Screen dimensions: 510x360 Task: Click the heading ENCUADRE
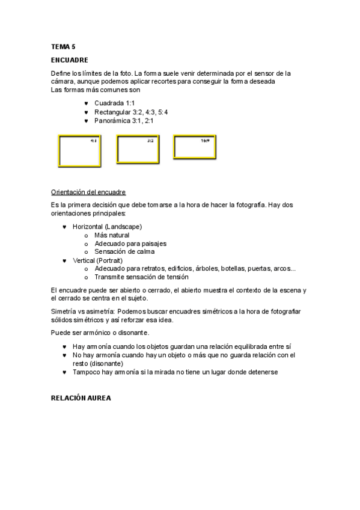tap(69, 60)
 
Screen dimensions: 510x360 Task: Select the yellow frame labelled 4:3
tap(79, 150)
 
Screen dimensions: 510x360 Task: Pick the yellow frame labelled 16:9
tap(194, 146)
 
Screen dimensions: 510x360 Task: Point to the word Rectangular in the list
tap(112, 112)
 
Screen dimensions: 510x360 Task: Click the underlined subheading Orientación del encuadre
tap(88, 192)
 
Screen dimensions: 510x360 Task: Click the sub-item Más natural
tap(112, 235)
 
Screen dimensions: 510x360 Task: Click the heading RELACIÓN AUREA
tap(81, 398)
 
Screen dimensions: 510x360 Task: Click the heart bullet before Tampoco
tap(64, 372)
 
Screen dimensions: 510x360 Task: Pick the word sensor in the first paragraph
tap(258, 73)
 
